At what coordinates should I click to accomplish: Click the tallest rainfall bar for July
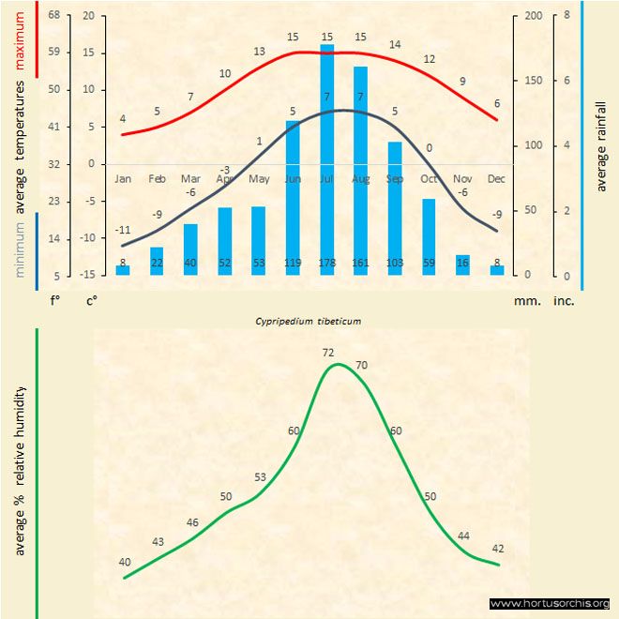point(327,159)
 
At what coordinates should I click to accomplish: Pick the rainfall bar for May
point(259,241)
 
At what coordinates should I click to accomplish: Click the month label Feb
point(157,178)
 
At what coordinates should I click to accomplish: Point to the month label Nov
point(462,178)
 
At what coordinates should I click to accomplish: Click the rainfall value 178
point(327,264)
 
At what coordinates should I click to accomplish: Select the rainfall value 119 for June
point(293,264)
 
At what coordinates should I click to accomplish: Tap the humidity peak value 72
point(328,353)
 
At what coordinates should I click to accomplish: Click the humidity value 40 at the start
point(125,562)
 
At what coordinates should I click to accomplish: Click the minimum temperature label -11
point(123,230)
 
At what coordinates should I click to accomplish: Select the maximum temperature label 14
point(395,44)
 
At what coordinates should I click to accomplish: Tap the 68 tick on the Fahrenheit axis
point(53,16)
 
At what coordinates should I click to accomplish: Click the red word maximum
point(21,40)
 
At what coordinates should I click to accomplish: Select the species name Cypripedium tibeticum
point(309,320)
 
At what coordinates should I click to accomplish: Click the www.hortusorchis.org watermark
point(550,603)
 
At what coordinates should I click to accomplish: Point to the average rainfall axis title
point(601,144)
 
